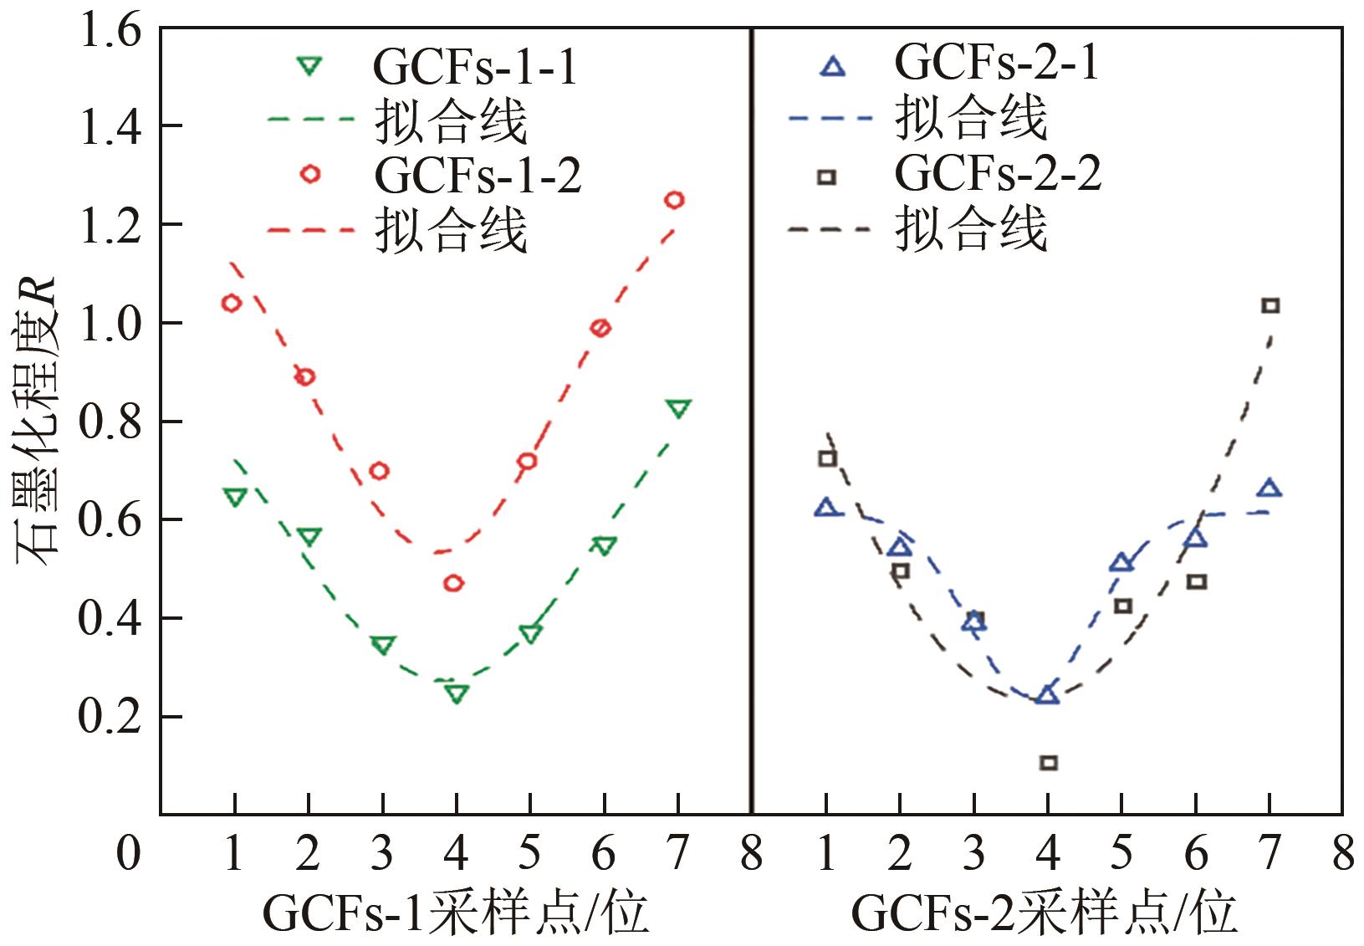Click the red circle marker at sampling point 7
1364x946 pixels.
pos(674,200)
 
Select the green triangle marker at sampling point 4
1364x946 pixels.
pos(456,693)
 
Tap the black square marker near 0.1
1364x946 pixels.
pos(1048,762)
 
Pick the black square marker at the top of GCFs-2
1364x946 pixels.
pos(1270,305)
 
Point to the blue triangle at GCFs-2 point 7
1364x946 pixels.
pos(1270,488)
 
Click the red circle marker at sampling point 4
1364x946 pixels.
pos(454,583)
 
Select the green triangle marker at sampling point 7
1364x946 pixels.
pos(678,409)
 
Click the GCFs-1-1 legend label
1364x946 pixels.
pos(475,67)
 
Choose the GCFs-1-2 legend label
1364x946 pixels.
pos(478,175)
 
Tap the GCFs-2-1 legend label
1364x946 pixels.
pos(997,62)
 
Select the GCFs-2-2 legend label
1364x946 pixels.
pos(998,174)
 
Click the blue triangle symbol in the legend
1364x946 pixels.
pos(833,66)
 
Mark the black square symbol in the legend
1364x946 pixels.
pos(826,176)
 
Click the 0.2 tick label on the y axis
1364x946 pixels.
pos(110,717)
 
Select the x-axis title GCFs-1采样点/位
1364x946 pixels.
pos(456,913)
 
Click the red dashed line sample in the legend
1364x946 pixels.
pos(311,228)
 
